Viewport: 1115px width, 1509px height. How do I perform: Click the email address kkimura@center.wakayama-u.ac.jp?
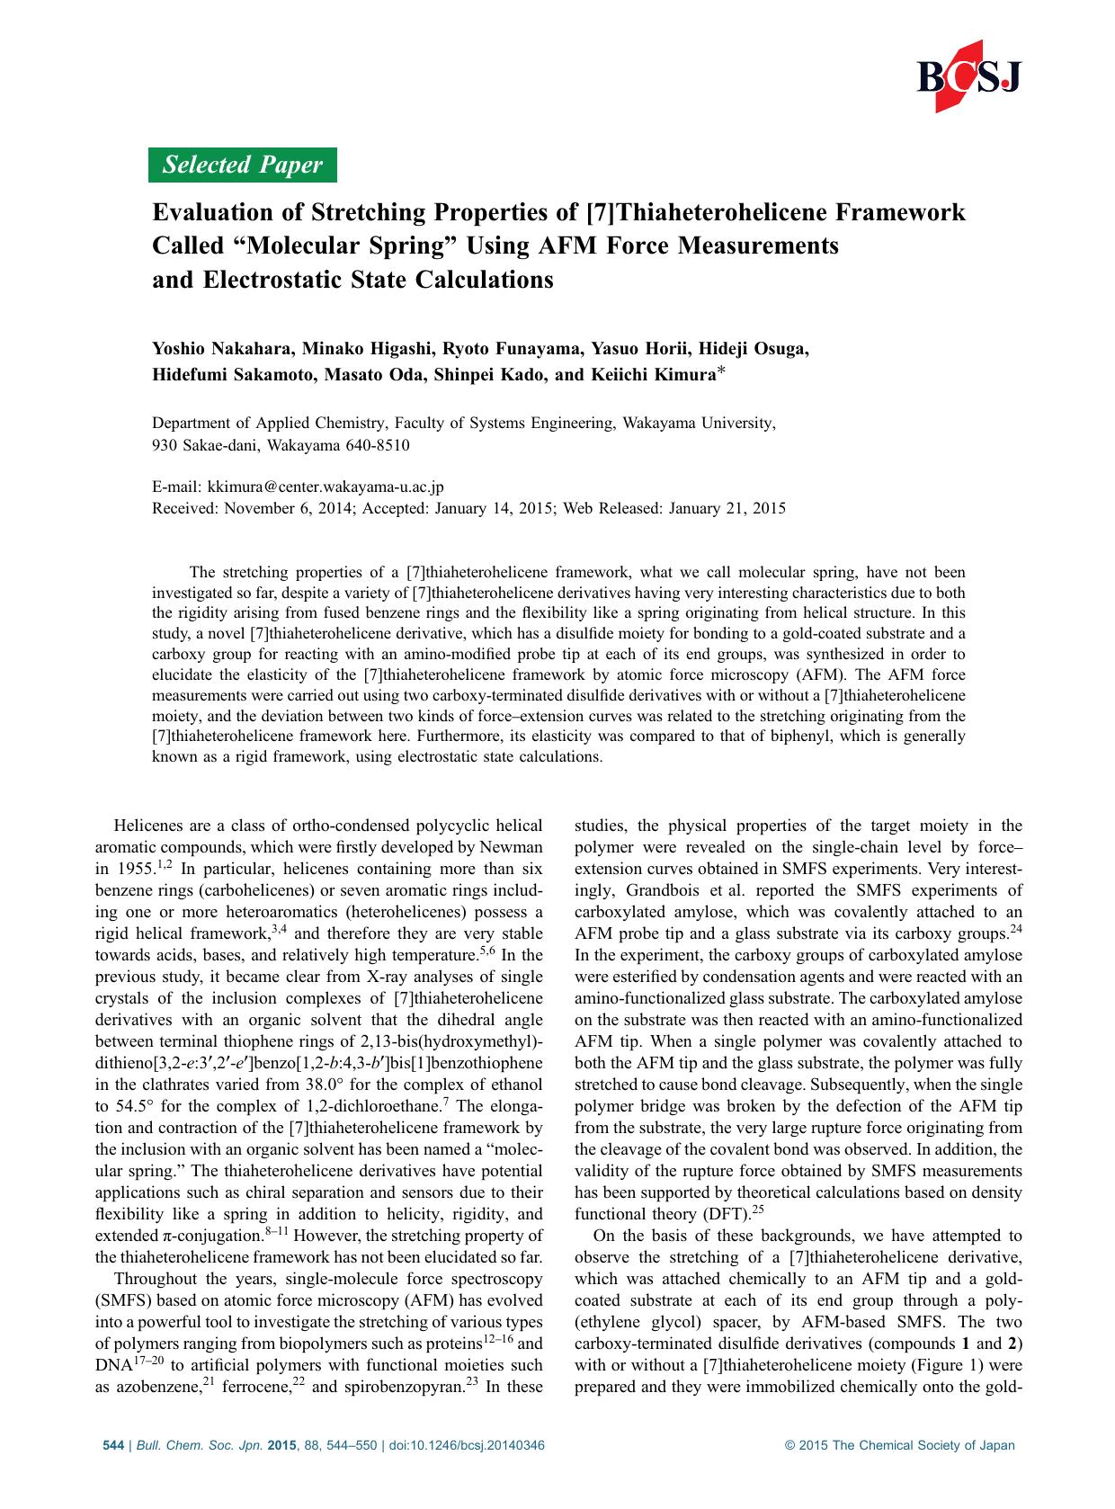pyautogui.click(x=325, y=487)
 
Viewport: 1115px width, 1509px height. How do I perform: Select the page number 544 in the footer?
pyautogui.click(x=113, y=1446)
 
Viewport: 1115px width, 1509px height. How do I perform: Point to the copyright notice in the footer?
pyautogui.click(x=899, y=1446)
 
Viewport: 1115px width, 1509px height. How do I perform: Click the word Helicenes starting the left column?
pyautogui.click(x=147, y=826)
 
